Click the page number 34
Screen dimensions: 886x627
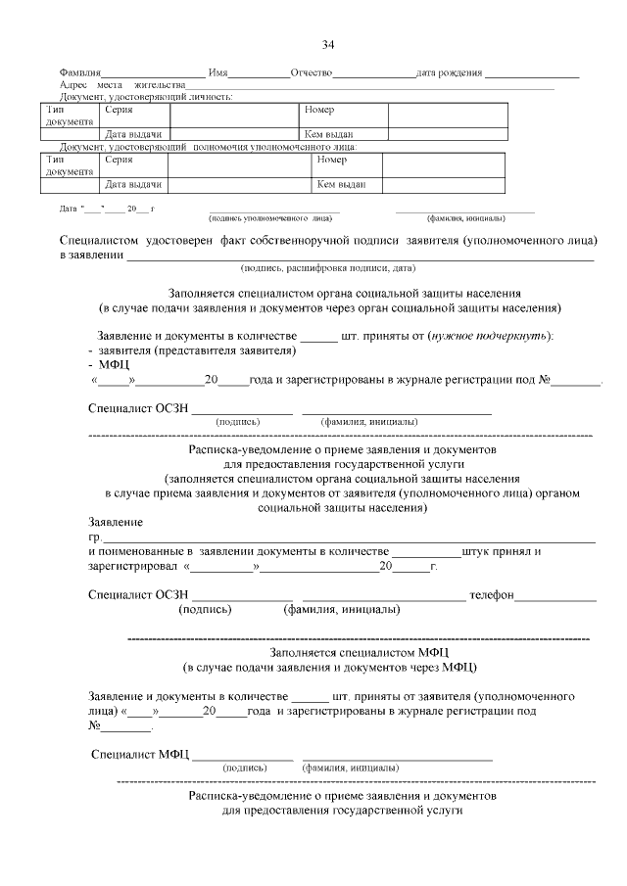328,44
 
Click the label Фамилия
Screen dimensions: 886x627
79,74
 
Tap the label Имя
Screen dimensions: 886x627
218,74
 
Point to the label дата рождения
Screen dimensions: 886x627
448,74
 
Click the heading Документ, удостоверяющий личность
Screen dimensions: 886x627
146,97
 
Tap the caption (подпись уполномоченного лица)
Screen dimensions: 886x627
270,217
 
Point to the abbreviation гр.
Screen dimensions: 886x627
94,537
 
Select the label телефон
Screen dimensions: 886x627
492,595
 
